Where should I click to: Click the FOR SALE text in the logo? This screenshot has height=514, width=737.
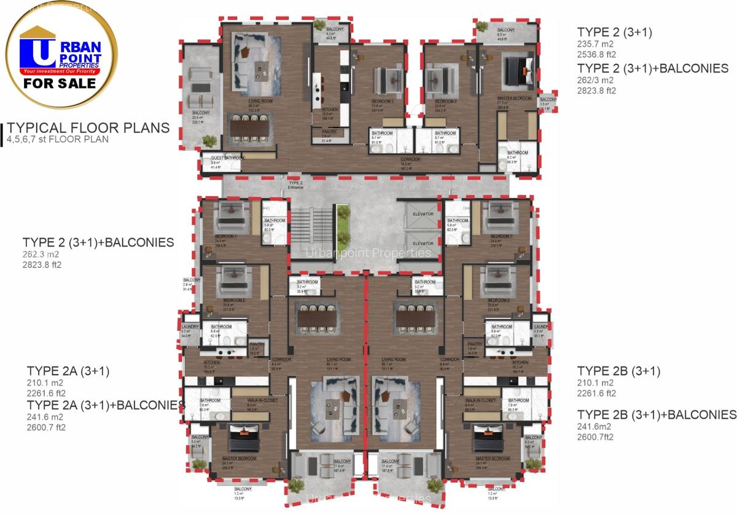coord(60,83)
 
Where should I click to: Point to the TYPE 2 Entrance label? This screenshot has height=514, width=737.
coord(295,185)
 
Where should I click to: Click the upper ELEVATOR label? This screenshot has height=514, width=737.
coord(423,214)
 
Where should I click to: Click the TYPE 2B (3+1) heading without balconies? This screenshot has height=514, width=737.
coord(618,371)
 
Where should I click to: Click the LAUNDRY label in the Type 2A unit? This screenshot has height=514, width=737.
coord(189,326)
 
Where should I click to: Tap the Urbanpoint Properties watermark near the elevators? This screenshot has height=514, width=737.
coord(368,253)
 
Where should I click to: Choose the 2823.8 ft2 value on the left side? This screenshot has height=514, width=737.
coord(43,266)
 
